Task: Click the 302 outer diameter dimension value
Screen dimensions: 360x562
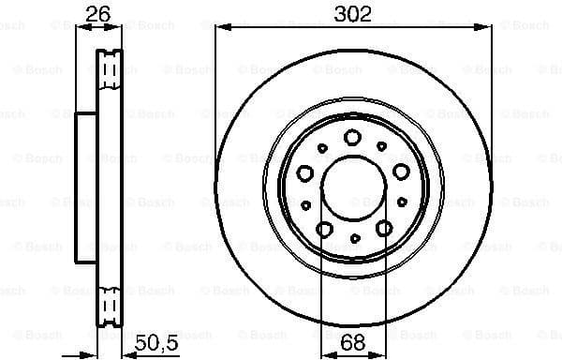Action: (353, 13)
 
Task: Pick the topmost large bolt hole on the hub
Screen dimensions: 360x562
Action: (352, 138)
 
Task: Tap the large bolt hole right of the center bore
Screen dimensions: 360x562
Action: (401, 171)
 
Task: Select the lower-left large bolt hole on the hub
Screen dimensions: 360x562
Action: (324, 228)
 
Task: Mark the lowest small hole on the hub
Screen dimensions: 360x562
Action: (354, 241)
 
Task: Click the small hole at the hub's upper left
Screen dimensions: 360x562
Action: (322, 147)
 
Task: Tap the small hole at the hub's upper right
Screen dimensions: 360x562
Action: (384, 146)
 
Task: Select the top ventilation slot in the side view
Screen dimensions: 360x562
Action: (111, 67)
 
